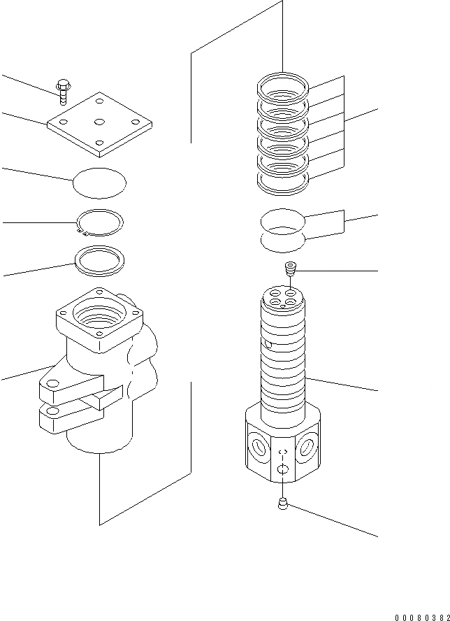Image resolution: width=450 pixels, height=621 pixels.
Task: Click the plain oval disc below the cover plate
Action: (x=100, y=184)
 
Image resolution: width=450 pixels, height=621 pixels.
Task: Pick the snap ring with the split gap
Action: (x=100, y=223)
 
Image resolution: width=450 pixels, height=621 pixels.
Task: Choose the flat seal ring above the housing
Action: (x=100, y=262)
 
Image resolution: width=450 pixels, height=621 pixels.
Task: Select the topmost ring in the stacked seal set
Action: (x=282, y=85)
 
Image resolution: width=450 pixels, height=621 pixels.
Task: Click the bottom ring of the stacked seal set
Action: (x=282, y=184)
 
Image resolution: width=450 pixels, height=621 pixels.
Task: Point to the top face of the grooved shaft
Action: (x=283, y=297)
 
